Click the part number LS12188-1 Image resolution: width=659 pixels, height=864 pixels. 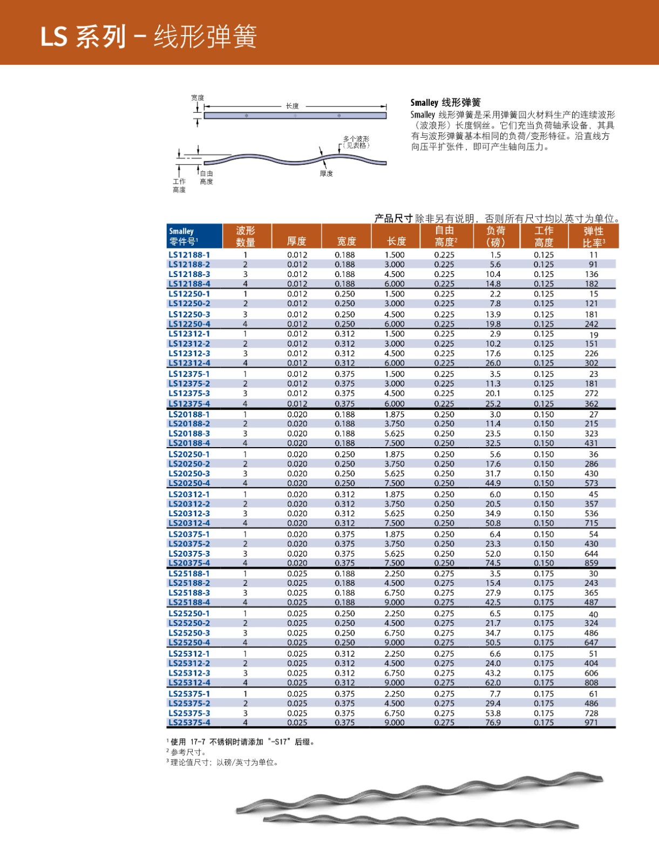click(x=189, y=255)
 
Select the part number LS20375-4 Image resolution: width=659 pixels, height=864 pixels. click(x=189, y=563)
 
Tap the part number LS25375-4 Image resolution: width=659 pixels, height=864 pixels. click(x=189, y=723)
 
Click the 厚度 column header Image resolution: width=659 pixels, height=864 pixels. click(x=296, y=241)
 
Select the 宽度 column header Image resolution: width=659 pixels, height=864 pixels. click(x=347, y=241)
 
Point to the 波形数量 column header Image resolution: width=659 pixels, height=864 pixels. click(x=246, y=237)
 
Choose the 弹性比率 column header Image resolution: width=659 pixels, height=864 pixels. click(x=593, y=237)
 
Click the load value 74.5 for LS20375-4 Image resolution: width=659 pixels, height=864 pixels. click(x=493, y=563)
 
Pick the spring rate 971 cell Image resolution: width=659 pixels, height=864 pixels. click(x=592, y=723)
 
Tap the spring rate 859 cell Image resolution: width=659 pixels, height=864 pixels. click(x=592, y=563)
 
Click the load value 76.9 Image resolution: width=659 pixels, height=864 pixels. click(x=493, y=723)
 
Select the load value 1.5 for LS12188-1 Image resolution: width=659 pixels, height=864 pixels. click(x=495, y=255)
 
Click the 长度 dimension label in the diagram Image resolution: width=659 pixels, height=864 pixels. click(x=292, y=106)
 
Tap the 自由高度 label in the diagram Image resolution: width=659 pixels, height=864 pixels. click(x=206, y=178)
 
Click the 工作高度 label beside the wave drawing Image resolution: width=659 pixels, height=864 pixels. click(x=179, y=185)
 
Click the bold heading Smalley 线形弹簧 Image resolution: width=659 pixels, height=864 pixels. click(x=445, y=103)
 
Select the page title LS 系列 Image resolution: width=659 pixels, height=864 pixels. click(x=83, y=37)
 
